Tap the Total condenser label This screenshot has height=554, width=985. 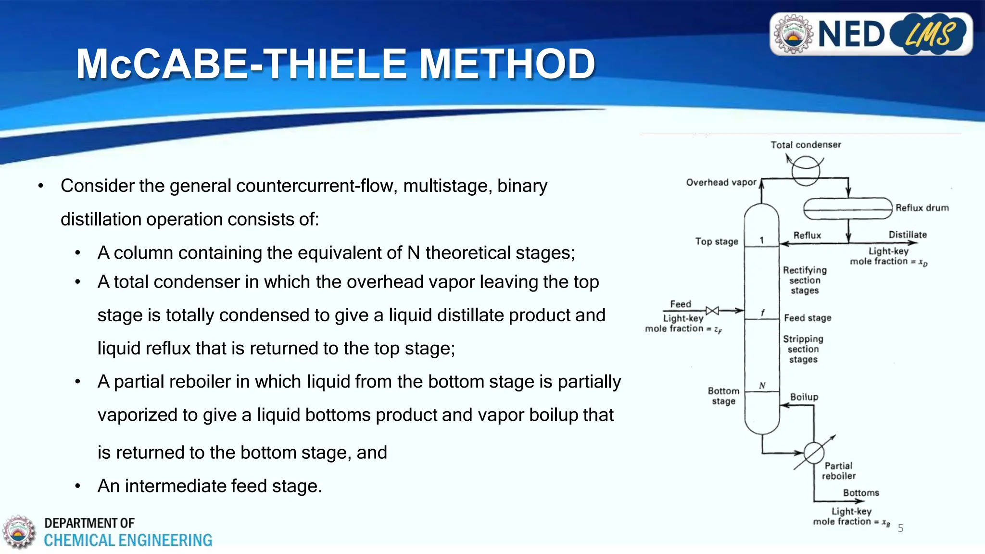806,145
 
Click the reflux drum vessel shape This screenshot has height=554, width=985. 848,209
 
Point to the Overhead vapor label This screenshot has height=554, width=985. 721,182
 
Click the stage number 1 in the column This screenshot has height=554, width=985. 761,240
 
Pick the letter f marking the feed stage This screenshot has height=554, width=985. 763,313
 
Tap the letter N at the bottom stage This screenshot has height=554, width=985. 762,385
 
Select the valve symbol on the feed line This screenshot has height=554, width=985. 712,311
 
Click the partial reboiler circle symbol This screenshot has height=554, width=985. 814,453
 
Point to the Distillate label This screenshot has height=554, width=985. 908,235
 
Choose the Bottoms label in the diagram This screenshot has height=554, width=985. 861,493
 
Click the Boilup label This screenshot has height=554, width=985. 804,397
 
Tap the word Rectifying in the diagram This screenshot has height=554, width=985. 805,270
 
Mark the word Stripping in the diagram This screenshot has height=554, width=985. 803,339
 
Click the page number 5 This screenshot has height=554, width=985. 900,528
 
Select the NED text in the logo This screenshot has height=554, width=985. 851,35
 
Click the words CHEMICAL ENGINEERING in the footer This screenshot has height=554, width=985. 128,541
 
